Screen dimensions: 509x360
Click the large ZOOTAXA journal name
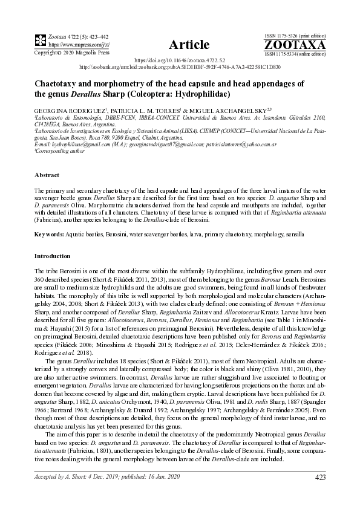[295, 45]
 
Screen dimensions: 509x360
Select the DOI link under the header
[180, 61]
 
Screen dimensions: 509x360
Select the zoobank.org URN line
[180, 67]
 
